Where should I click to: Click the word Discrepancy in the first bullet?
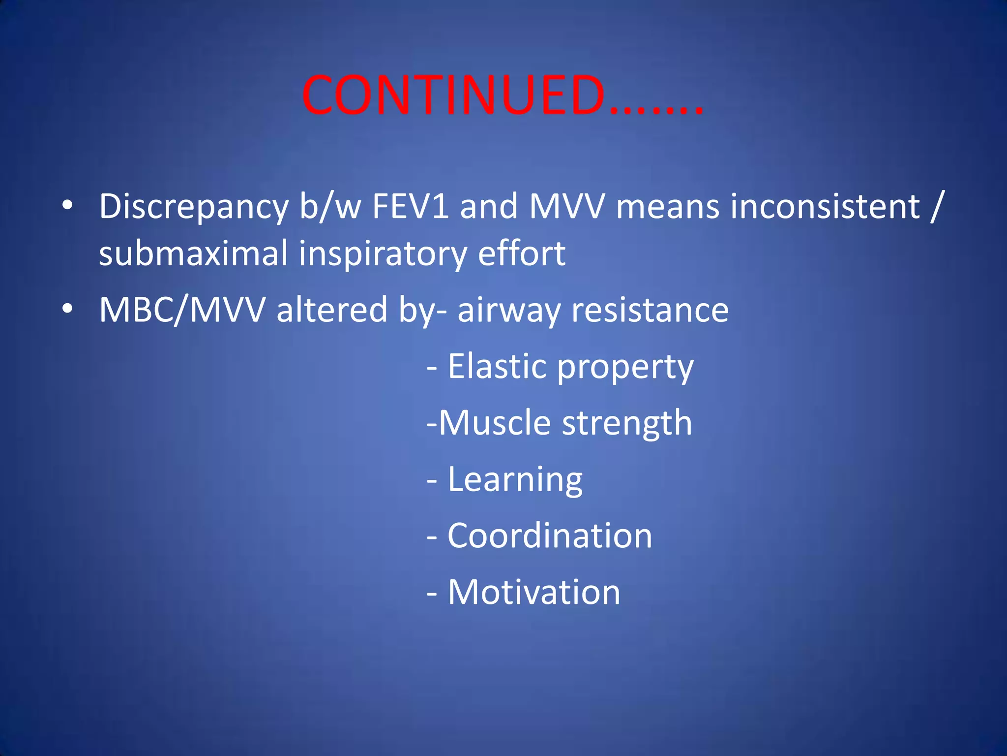click(194, 207)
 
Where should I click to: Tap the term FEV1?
click(410, 207)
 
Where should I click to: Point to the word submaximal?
click(193, 254)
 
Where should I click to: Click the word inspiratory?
click(383, 254)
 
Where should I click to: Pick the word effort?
click(521, 254)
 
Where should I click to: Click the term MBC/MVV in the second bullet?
click(182, 310)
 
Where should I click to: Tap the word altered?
click(332, 310)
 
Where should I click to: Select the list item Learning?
click(515, 480)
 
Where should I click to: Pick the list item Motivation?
click(533, 592)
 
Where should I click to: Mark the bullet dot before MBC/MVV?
click(68, 309)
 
